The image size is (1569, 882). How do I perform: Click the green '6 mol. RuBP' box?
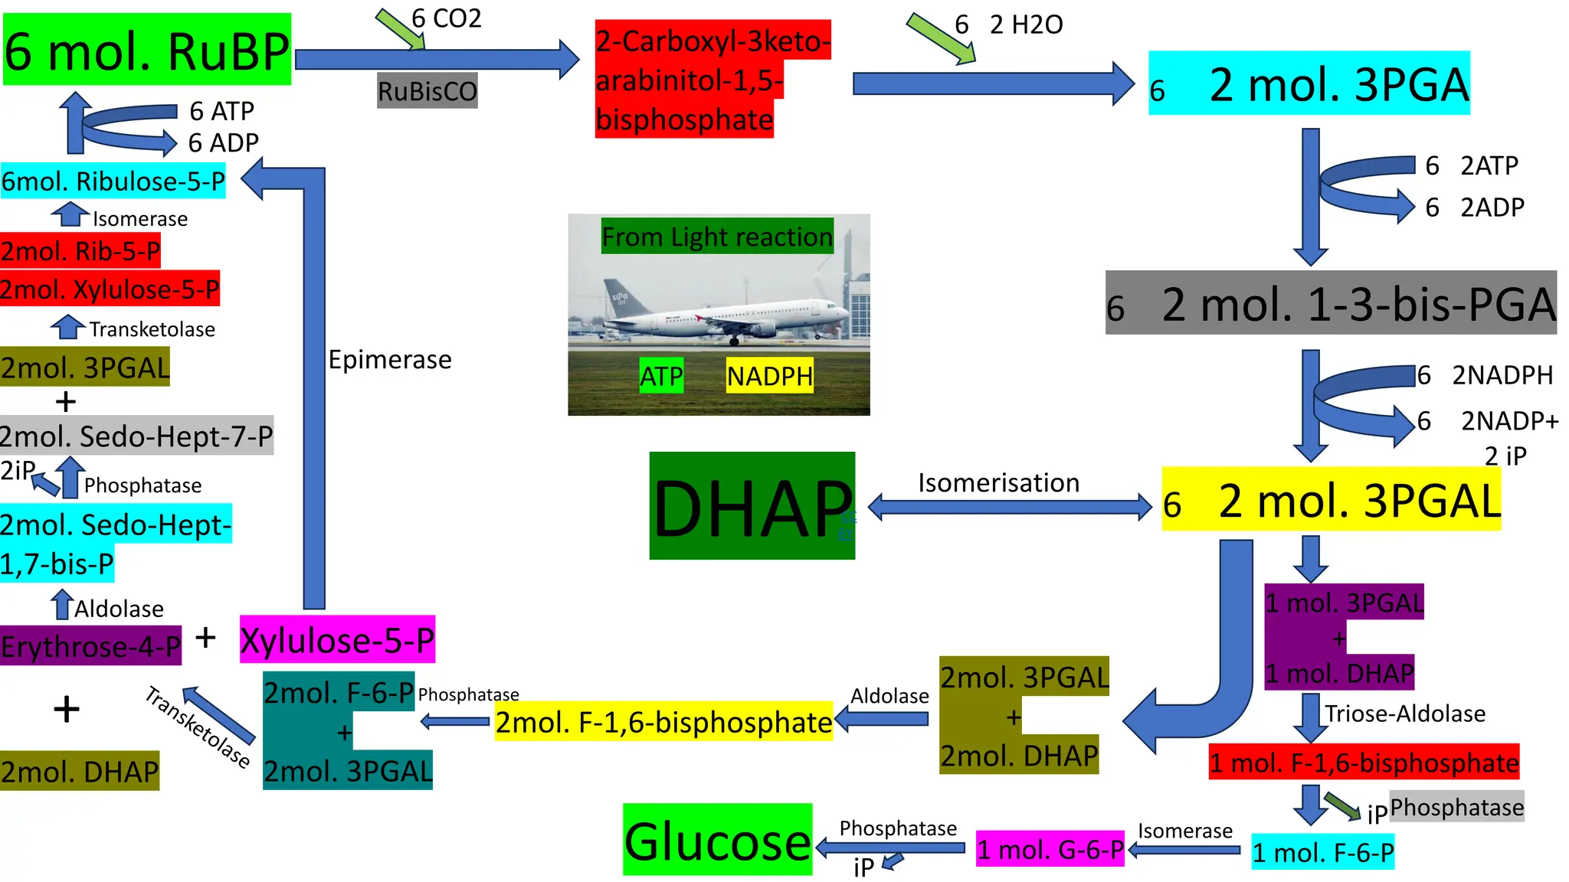(x=147, y=49)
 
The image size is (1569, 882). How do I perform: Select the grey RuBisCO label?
(x=427, y=90)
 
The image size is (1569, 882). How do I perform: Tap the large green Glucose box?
(x=718, y=839)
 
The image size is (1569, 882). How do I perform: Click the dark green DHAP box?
(x=752, y=505)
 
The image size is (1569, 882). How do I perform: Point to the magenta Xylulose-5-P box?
(x=337, y=639)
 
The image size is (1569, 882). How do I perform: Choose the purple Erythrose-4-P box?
(x=91, y=645)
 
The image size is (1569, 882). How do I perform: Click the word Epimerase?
(x=390, y=359)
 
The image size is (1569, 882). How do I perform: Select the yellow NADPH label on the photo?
(x=770, y=376)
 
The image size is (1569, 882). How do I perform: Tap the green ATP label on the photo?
(x=661, y=376)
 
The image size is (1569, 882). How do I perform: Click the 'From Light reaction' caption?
(x=717, y=237)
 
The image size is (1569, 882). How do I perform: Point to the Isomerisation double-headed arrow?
(x=1010, y=507)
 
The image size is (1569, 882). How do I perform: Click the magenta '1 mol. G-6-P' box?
(x=1050, y=849)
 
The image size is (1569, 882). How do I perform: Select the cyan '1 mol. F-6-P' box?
(x=1323, y=852)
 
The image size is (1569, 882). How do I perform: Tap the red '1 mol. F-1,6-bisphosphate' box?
(x=1364, y=762)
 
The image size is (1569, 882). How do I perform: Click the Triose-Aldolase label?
(x=1405, y=714)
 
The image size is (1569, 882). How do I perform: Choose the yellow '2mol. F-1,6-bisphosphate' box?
(x=663, y=721)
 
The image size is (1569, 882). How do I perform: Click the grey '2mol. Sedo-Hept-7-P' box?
(x=136, y=436)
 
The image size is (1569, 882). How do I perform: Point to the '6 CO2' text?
(x=447, y=18)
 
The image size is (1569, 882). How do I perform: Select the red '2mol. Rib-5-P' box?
(x=80, y=250)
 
